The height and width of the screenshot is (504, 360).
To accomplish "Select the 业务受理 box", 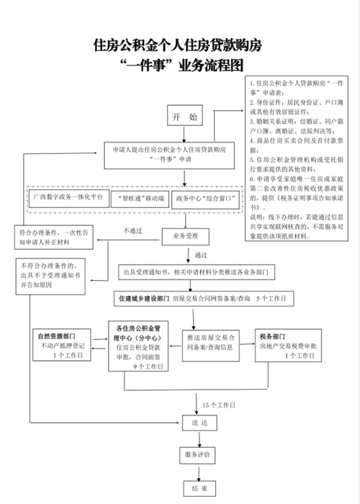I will (184, 235).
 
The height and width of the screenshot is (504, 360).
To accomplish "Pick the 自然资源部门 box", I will (63, 346).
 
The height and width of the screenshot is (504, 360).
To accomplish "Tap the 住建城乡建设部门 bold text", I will (142, 297).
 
